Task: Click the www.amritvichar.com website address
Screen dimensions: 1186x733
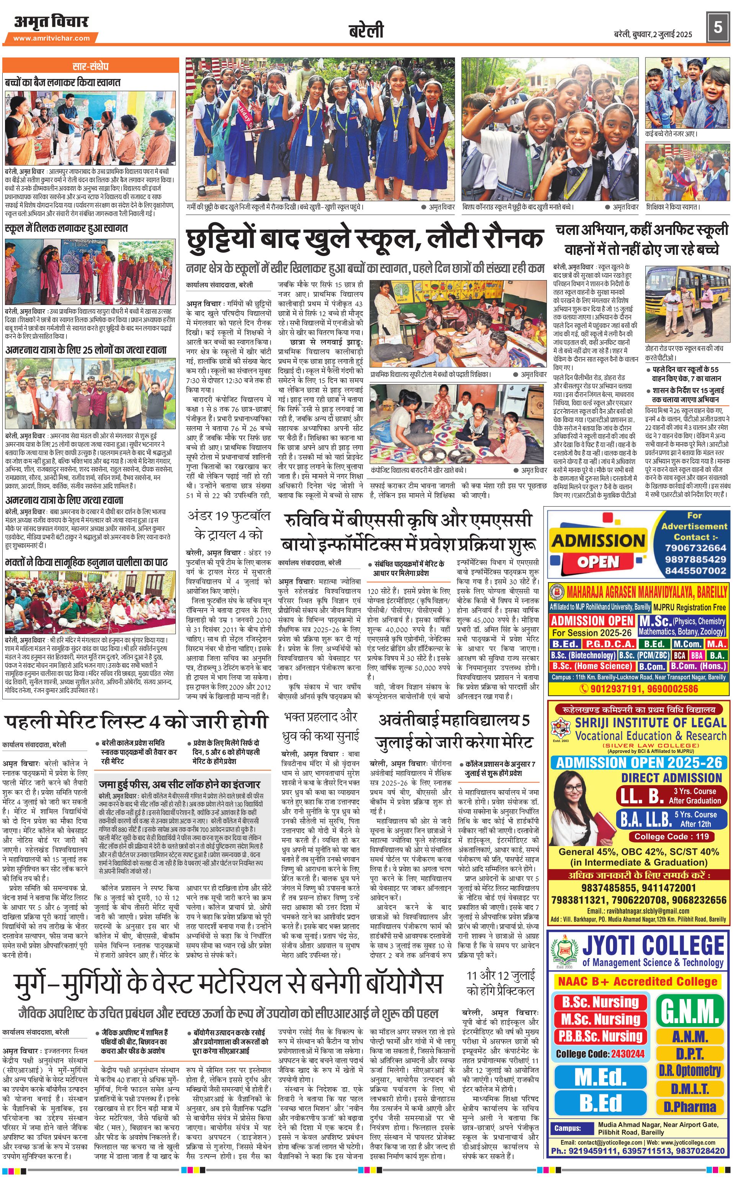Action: tap(51, 38)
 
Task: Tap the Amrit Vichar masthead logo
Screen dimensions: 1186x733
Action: tap(51, 22)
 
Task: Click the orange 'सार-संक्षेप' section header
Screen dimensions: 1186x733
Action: tap(91, 66)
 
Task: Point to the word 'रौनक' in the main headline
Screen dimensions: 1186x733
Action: tap(509, 239)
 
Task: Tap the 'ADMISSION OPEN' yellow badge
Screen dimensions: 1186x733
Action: tap(598, 550)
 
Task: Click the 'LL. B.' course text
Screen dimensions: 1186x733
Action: tap(642, 796)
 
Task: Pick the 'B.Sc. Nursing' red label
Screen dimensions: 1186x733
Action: tap(600, 1002)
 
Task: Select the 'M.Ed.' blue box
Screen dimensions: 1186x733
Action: tap(600, 1078)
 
